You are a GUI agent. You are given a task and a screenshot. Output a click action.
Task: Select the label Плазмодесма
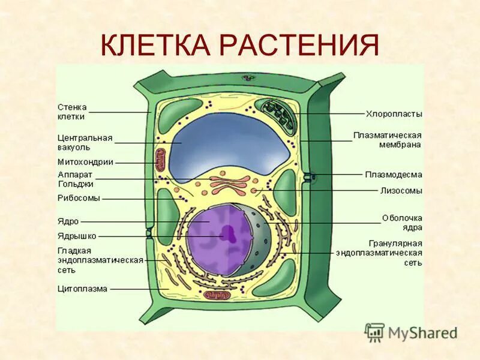tap(393, 175)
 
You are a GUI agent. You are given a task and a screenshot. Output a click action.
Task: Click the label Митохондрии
tap(85, 161)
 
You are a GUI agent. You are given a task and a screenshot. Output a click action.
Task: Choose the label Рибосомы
tap(79, 197)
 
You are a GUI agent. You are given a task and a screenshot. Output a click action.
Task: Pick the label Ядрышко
tap(76, 236)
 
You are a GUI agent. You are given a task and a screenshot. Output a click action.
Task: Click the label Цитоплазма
tap(82, 289)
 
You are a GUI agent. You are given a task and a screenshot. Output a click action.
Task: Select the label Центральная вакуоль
tap(85, 142)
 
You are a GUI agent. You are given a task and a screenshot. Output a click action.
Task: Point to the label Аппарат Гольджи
tap(74, 179)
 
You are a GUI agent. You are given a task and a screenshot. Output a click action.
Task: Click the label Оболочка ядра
tap(402, 222)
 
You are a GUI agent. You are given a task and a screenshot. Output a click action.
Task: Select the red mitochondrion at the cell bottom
tap(215, 296)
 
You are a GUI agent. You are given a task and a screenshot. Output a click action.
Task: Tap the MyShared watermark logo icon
tap(375, 332)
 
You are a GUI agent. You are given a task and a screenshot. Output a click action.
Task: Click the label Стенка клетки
tap(71, 112)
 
